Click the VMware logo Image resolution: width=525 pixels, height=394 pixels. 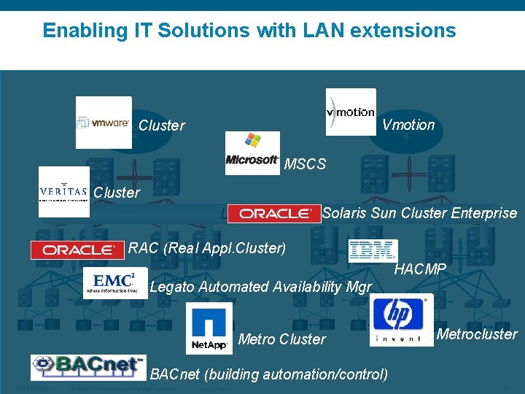click(x=104, y=123)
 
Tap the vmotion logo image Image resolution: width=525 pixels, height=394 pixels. click(x=351, y=112)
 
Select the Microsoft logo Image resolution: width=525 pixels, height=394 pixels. click(x=252, y=152)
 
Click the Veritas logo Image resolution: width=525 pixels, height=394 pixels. click(x=64, y=192)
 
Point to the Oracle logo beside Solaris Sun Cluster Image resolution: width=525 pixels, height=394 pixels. click(x=274, y=213)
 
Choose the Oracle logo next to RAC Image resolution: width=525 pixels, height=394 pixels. click(x=77, y=250)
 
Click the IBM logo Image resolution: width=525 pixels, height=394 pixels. click(x=372, y=250)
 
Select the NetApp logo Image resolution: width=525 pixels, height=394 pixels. click(x=209, y=328)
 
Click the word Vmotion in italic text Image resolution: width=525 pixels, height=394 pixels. click(x=408, y=125)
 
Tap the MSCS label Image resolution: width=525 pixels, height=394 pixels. click(x=305, y=164)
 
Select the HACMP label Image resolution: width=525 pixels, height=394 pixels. click(x=420, y=270)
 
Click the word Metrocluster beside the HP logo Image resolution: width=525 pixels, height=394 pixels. click(x=477, y=335)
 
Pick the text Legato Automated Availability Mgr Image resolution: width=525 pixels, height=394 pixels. click(x=260, y=287)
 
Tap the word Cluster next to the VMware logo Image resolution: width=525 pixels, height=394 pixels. click(x=161, y=125)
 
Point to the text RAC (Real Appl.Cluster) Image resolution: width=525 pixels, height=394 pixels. click(x=207, y=248)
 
